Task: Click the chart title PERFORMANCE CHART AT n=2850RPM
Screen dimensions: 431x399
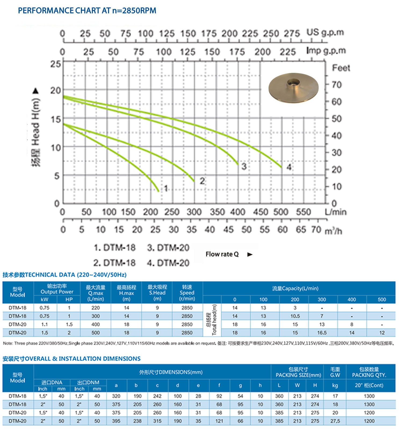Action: click(87, 11)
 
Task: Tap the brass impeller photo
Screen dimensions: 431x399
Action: click(293, 88)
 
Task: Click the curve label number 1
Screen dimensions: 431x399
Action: click(166, 188)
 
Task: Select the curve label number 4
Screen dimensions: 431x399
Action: click(289, 167)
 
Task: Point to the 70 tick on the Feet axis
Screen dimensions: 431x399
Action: click(337, 85)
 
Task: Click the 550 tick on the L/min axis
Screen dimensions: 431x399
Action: click(303, 212)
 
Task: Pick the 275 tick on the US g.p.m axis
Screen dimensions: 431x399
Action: click(292, 34)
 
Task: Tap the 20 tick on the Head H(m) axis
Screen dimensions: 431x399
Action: click(56, 91)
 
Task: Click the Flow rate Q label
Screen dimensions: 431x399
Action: click(222, 254)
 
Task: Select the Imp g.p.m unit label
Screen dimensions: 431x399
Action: click(326, 51)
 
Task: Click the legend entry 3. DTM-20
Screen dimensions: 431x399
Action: click(168, 247)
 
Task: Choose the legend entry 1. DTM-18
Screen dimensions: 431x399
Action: click(115, 247)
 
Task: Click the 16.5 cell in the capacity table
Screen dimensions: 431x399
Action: click(322, 333)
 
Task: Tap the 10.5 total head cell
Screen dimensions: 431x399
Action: click(295, 316)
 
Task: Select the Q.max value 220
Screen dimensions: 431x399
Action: click(95, 308)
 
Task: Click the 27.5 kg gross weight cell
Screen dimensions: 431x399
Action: click(335, 421)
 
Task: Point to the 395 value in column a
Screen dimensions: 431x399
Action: click(116, 421)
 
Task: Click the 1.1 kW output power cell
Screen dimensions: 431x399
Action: click(45, 325)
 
